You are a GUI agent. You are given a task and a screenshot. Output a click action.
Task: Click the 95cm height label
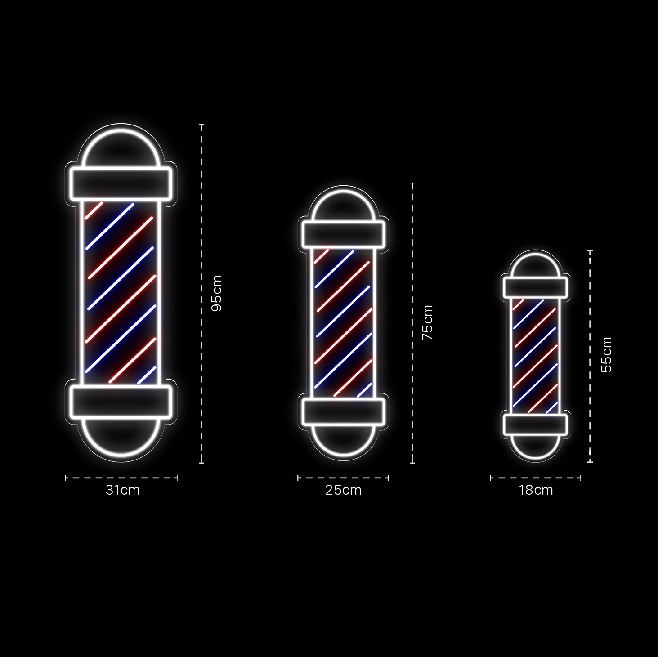(217, 293)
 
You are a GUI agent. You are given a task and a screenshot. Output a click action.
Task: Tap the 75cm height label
(428, 323)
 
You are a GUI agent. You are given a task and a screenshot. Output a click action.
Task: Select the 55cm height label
(606, 355)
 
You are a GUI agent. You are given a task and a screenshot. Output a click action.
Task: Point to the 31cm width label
(123, 490)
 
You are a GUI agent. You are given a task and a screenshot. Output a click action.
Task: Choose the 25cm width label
(343, 490)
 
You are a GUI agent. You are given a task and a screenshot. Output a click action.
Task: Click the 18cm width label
(536, 490)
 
